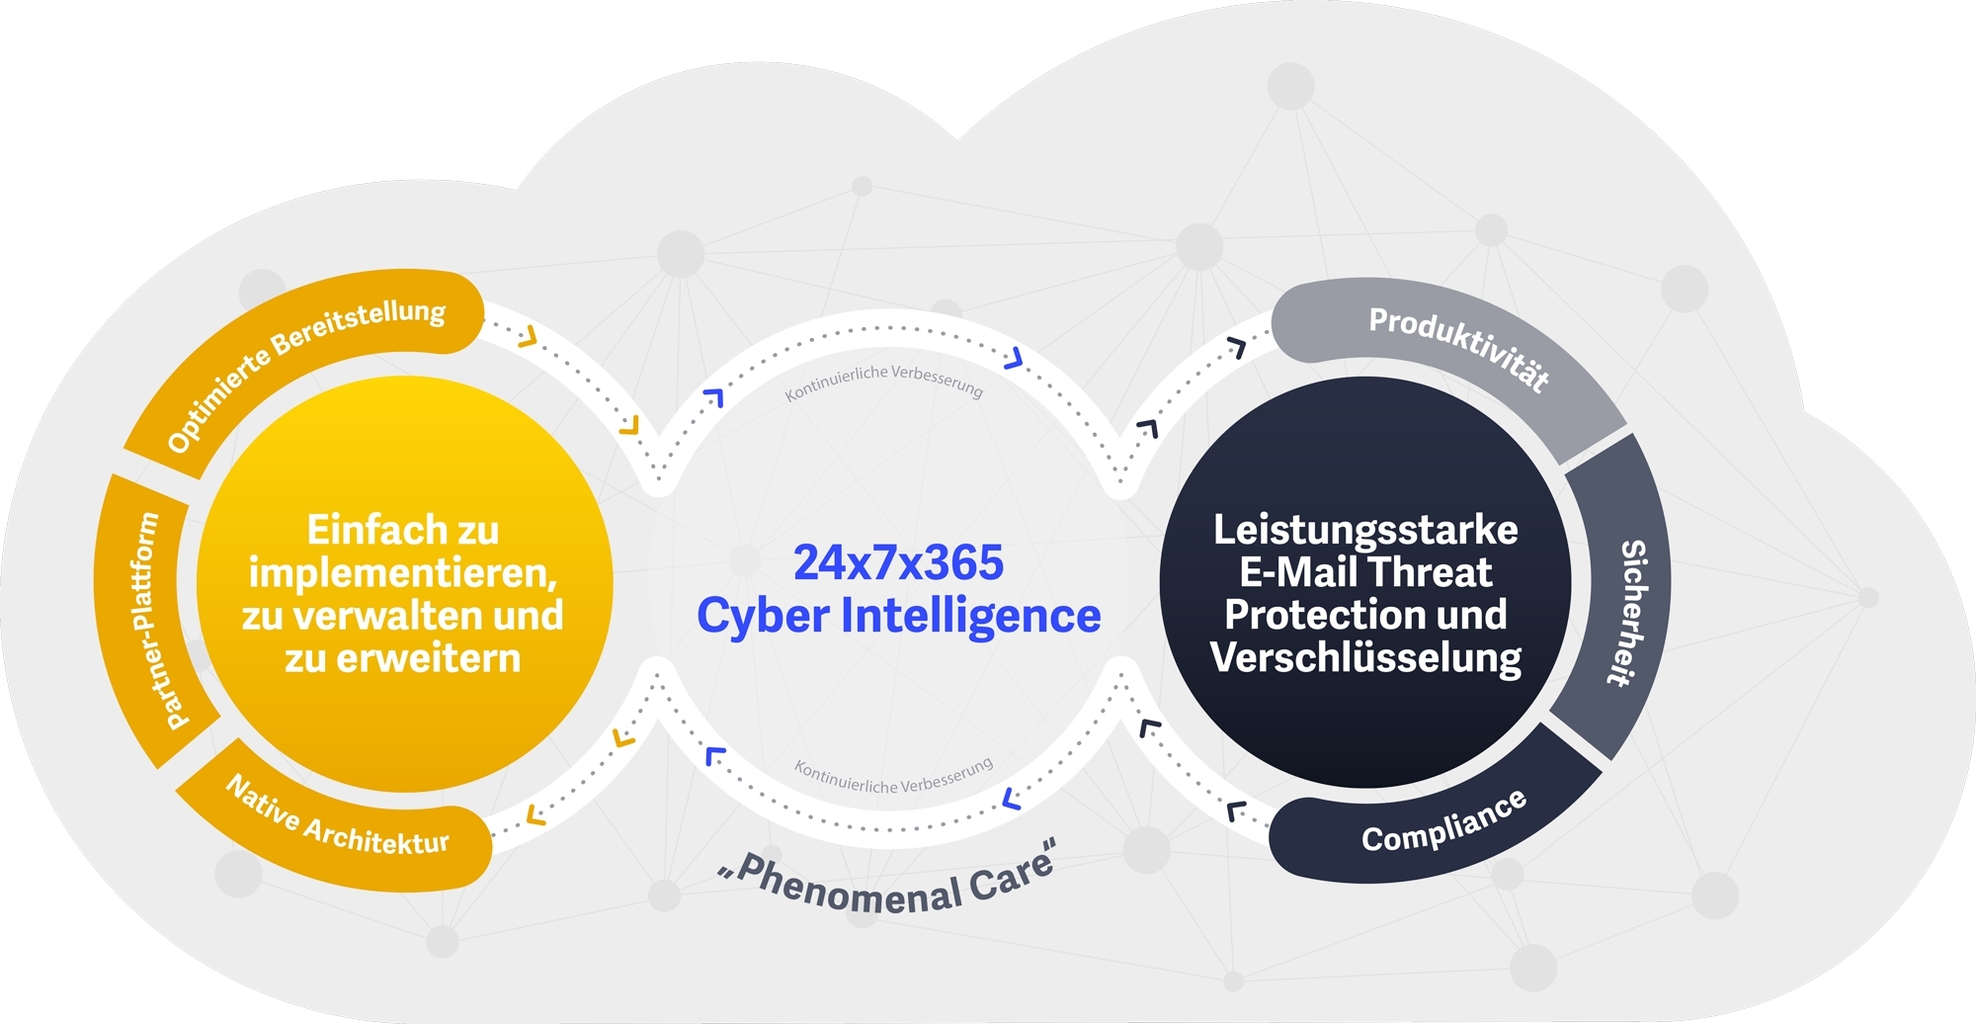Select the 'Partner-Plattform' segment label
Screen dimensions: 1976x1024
point(148,620)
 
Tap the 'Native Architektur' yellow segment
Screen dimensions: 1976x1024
point(336,820)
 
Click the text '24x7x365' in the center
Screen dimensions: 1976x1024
point(898,562)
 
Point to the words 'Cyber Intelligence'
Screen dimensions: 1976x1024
point(898,615)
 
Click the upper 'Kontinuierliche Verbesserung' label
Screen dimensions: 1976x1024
point(884,382)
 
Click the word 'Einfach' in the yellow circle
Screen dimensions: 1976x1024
point(365,530)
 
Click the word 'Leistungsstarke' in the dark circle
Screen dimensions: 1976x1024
point(1365,530)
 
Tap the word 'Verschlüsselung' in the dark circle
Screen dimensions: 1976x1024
point(1365,657)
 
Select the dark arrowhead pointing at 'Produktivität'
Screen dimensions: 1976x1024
point(1236,346)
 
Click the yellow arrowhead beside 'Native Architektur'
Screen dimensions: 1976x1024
point(535,815)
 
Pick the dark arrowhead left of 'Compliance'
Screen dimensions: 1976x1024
point(1236,811)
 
